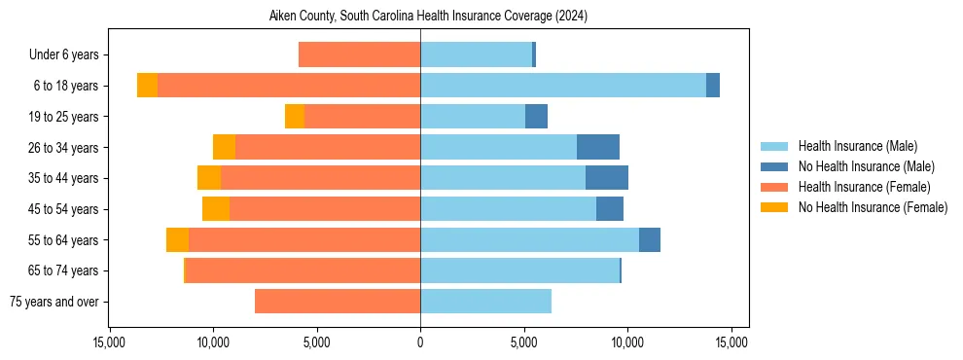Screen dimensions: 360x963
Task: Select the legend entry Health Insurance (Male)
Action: coord(857,146)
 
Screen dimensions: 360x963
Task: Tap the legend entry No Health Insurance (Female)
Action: coord(873,207)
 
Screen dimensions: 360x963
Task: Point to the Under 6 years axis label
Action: coord(63,55)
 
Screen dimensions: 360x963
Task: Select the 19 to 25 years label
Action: coord(64,117)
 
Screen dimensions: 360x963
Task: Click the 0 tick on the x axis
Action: coord(420,342)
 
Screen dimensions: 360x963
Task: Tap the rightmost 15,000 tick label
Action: coord(731,342)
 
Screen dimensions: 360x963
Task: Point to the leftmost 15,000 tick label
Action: coord(109,342)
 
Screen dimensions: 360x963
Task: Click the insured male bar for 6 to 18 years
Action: coord(563,86)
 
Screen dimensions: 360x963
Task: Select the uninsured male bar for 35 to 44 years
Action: coord(607,178)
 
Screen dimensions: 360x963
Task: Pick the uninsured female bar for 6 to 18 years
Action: coord(147,86)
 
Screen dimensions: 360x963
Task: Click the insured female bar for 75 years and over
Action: coord(338,302)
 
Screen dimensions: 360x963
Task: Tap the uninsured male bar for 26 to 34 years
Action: coord(598,147)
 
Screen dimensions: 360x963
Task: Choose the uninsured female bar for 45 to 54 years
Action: coord(216,209)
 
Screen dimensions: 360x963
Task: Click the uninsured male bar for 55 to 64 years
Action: coord(650,239)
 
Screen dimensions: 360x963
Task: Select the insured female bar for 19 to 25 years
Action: coord(362,117)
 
